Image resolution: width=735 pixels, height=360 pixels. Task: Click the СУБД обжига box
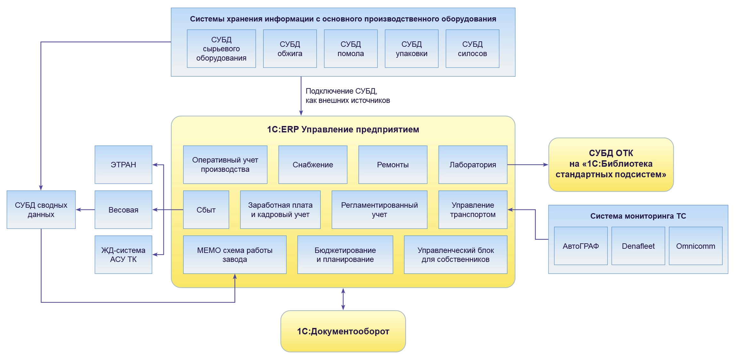290,49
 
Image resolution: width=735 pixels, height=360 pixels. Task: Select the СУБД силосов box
472,49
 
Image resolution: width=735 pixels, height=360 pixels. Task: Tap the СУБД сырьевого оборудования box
221,49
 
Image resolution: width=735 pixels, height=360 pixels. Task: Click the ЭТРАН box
123,165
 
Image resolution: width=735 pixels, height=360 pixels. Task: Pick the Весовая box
123,210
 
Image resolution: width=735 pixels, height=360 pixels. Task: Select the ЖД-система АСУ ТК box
123,255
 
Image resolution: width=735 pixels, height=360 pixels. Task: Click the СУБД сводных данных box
41,210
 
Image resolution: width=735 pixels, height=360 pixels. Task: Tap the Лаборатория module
472,165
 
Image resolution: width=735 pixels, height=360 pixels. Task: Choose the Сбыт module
206,210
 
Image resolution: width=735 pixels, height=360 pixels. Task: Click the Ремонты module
393,165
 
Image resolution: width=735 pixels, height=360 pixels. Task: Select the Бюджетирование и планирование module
345,255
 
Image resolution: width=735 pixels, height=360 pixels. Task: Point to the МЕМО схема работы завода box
235,255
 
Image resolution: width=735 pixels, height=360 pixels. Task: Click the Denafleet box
638,246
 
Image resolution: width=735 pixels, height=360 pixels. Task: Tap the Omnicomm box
695,246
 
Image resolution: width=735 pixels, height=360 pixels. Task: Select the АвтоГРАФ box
580,246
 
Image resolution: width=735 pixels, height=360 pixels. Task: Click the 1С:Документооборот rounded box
343,331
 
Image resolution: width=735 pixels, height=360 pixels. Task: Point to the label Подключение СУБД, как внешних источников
347,96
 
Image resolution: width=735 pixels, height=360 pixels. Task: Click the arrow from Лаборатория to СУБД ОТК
527,165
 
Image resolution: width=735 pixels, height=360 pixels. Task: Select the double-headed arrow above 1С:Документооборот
343,299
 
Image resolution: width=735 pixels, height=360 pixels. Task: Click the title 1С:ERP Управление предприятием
343,130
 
